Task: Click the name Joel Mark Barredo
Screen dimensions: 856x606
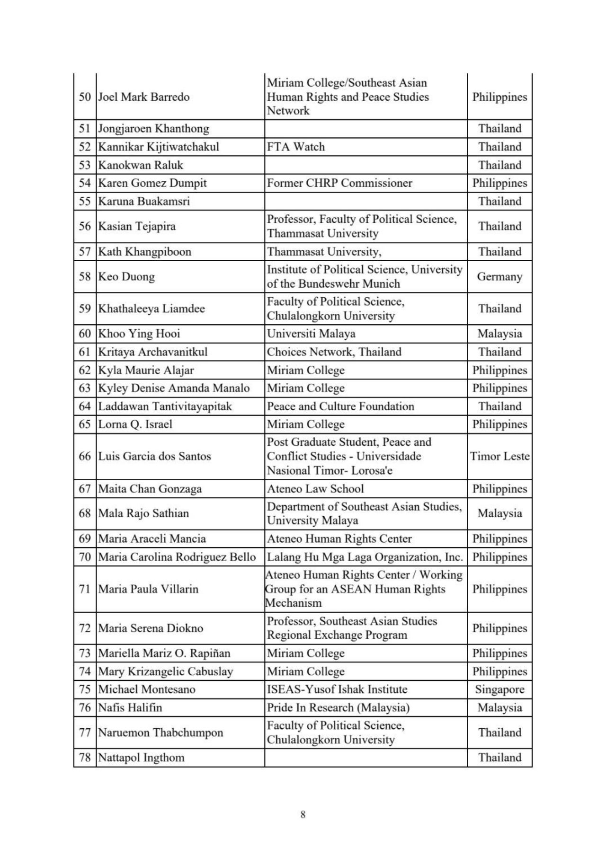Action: (143, 97)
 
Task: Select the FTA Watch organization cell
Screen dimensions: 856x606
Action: (296, 147)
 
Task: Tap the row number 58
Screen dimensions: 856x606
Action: (85, 276)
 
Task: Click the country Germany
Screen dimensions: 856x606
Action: (499, 276)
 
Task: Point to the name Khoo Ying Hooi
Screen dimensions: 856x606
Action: (139, 334)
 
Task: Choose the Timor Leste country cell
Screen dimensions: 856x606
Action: (499, 456)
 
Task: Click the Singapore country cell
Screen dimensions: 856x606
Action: (499, 689)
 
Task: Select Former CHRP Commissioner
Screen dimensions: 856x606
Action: (339, 183)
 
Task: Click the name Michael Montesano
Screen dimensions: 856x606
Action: (146, 689)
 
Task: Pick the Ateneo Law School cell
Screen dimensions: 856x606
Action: (315, 489)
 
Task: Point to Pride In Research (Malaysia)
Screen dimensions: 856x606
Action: (338, 707)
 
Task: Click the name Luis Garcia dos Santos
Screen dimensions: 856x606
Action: (154, 456)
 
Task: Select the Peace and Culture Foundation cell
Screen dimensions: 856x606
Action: (340, 406)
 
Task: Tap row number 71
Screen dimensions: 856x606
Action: (85, 589)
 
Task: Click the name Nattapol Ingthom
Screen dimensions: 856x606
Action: (141, 758)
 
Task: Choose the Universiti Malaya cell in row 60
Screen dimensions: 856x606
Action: (311, 334)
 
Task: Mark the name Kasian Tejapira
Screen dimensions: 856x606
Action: (136, 226)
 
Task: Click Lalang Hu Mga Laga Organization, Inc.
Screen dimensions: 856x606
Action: (365, 557)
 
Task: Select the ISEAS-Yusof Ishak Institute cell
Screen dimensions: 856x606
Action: (337, 689)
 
